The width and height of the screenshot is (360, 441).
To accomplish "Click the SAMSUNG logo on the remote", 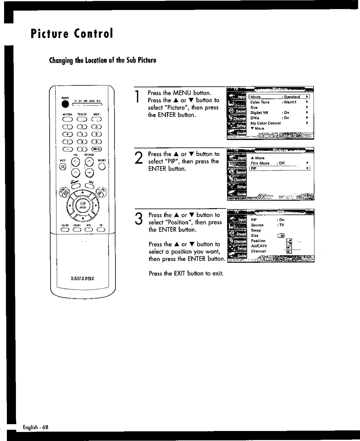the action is [x=83, y=278].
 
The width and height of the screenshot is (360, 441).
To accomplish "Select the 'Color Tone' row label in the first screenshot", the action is [x=260, y=102].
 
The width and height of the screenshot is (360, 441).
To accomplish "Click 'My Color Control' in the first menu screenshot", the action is [x=265, y=123].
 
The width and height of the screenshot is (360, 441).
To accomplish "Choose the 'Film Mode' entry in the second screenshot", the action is [x=260, y=163].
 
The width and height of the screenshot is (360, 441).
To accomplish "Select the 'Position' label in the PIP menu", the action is [x=258, y=241].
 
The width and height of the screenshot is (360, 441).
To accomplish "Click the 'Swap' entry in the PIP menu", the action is [x=256, y=230].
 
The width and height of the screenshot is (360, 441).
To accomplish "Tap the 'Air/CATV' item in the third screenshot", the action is [x=259, y=246].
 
